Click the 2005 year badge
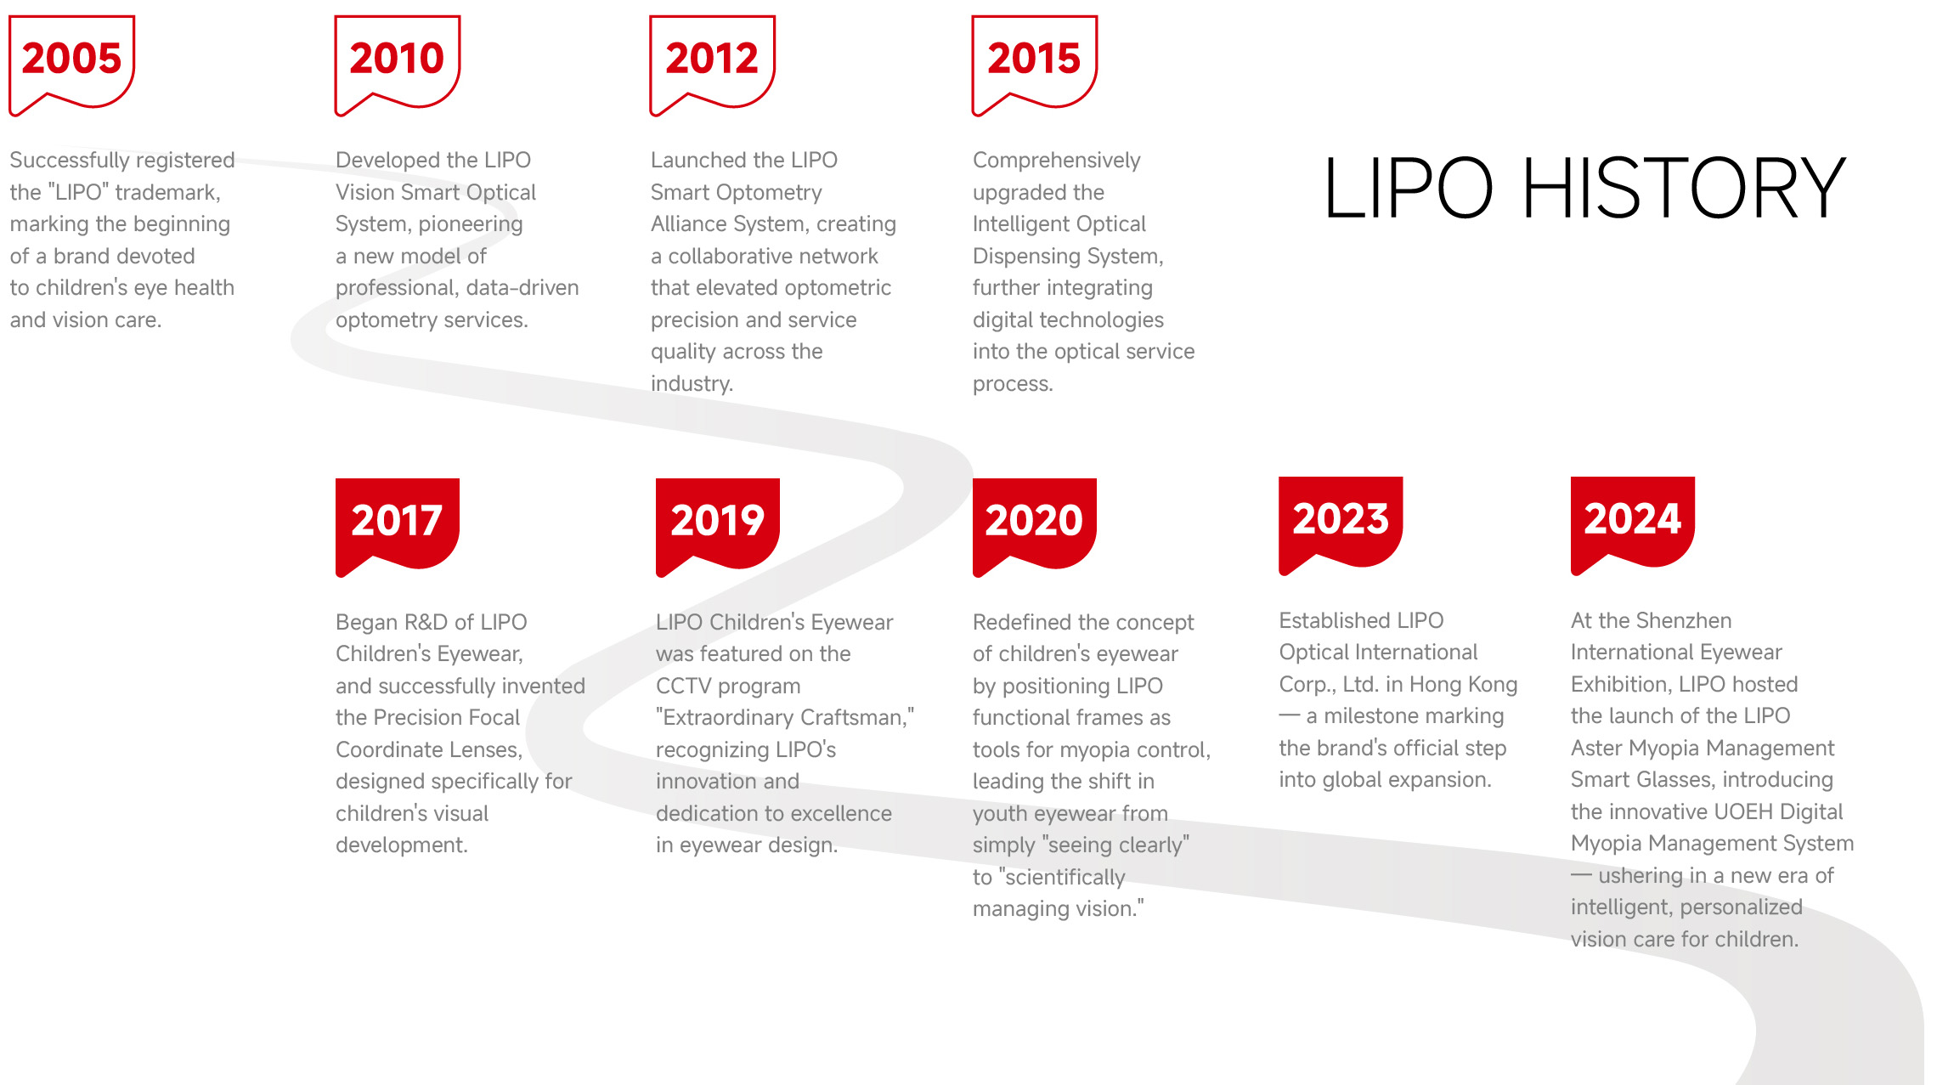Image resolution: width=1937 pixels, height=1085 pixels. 72,65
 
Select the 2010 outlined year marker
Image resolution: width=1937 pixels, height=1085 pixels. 398,65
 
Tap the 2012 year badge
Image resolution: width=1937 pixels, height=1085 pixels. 713,65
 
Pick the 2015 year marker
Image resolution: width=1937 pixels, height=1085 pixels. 1035,65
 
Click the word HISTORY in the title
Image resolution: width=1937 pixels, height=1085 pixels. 1684,188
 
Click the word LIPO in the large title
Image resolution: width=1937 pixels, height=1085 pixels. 1408,188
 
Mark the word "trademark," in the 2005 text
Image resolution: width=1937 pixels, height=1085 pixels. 168,193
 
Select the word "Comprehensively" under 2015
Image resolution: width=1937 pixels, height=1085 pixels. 1057,161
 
